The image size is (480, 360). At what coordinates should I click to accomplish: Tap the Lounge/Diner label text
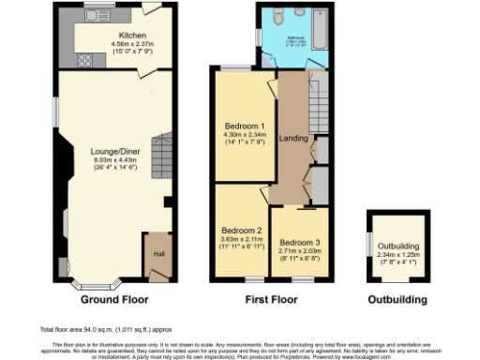pyautogui.click(x=109, y=151)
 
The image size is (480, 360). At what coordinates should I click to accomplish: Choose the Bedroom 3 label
pyautogui.click(x=298, y=240)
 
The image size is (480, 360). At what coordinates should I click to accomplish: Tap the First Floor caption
pyautogui.click(x=272, y=301)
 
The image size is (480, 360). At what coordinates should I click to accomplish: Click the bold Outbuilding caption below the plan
pyautogui.click(x=397, y=301)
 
